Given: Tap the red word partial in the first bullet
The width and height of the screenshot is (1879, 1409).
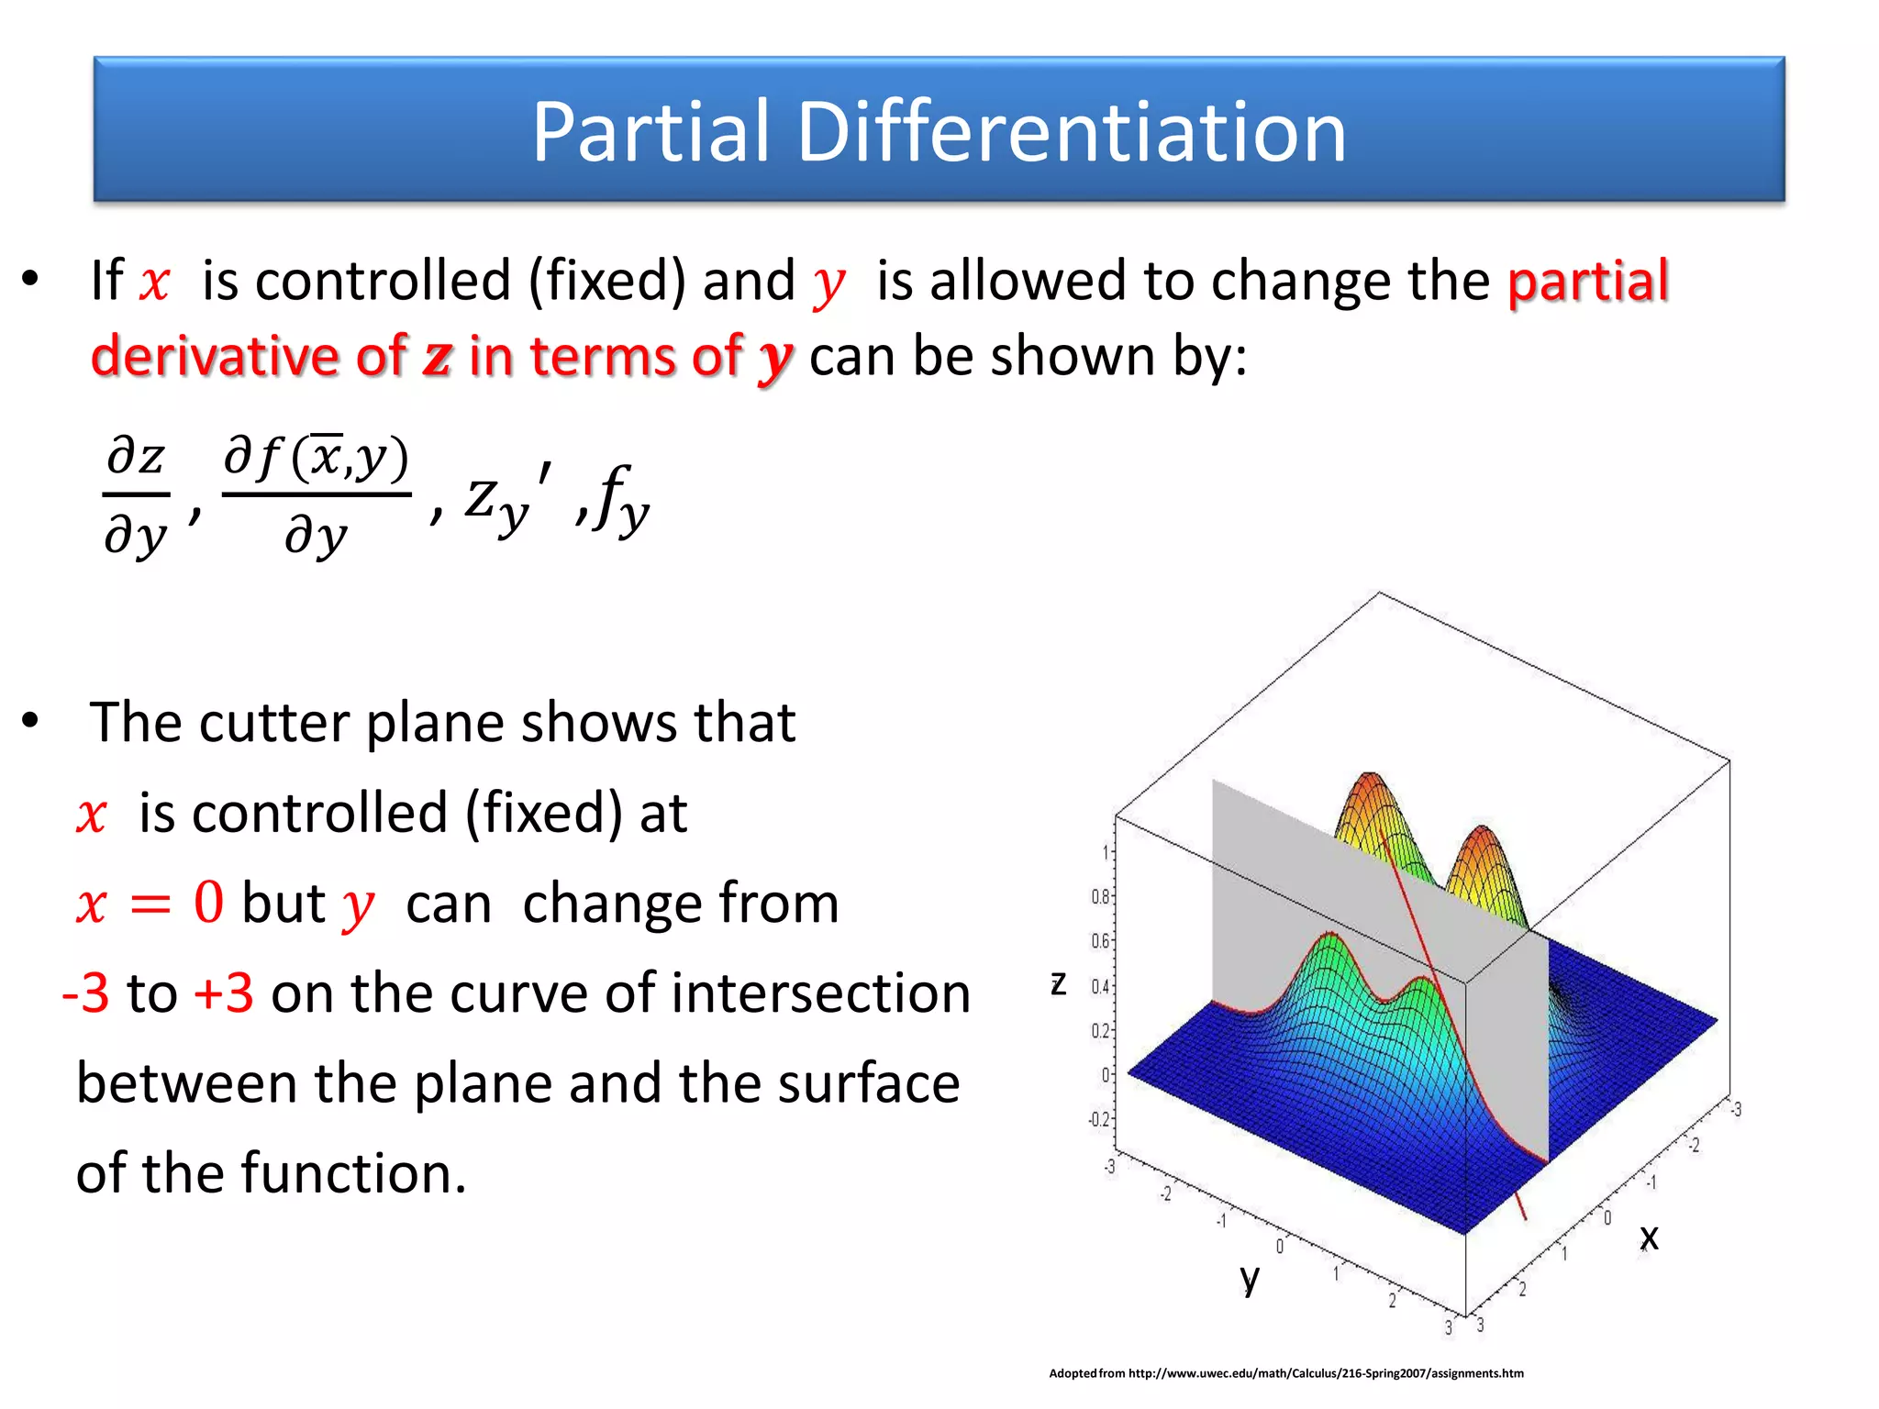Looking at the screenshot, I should point(1587,281).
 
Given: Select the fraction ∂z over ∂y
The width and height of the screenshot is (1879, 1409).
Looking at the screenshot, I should point(136,495).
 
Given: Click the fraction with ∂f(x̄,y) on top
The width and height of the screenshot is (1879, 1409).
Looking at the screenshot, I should point(317,495).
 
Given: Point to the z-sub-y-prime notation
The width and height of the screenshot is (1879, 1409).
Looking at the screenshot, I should point(507,500).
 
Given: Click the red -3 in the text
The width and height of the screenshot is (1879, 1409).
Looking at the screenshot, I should point(85,993).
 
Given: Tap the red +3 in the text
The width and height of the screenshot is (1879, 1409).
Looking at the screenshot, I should point(223,993).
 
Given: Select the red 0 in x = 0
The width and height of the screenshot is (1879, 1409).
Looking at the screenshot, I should point(208,903).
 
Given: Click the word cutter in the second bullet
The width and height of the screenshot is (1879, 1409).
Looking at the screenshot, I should point(272,723).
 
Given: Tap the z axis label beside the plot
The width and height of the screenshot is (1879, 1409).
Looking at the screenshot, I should point(1058,983).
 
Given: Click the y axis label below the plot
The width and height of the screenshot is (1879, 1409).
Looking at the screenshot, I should point(1249,1278).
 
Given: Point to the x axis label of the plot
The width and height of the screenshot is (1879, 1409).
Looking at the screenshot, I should point(1649,1237).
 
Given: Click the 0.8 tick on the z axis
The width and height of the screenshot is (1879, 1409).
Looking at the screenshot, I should point(1099,896).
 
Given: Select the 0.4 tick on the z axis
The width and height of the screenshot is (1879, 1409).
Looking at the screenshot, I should point(1099,986).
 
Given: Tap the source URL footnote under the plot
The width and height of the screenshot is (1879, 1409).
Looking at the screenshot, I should point(1285,1373).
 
